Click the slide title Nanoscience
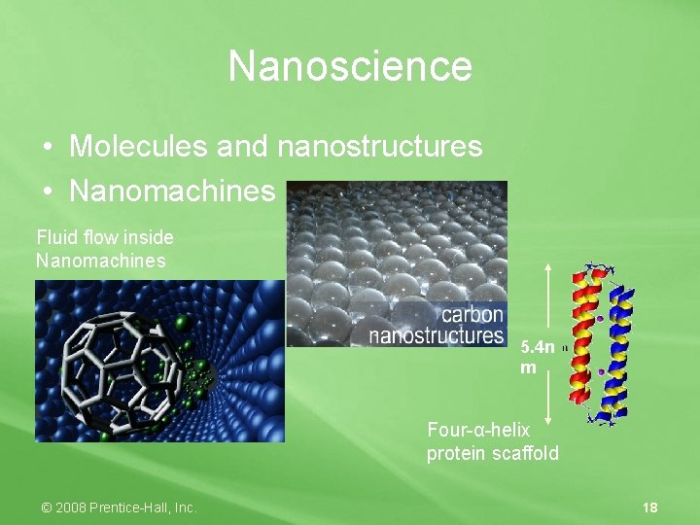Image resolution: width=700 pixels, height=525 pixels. (x=350, y=66)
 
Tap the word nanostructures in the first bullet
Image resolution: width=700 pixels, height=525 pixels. (x=380, y=147)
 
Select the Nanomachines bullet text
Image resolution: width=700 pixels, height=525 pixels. (x=172, y=191)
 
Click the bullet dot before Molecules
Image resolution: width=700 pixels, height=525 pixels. (x=47, y=148)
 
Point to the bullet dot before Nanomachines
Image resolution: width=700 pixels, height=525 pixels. (x=47, y=192)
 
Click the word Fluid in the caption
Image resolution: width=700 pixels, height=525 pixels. (x=54, y=237)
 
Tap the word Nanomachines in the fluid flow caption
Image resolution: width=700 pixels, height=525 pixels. (x=101, y=261)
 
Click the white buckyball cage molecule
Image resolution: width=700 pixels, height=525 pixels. (x=121, y=365)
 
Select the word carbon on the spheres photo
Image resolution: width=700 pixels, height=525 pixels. (x=472, y=315)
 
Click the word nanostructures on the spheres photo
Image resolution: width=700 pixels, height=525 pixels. (x=437, y=335)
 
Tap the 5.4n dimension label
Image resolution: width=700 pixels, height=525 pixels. (x=538, y=347)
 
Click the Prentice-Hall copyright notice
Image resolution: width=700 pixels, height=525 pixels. (x=119, y=507)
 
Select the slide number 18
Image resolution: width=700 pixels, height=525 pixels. (x=650, y=507)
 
